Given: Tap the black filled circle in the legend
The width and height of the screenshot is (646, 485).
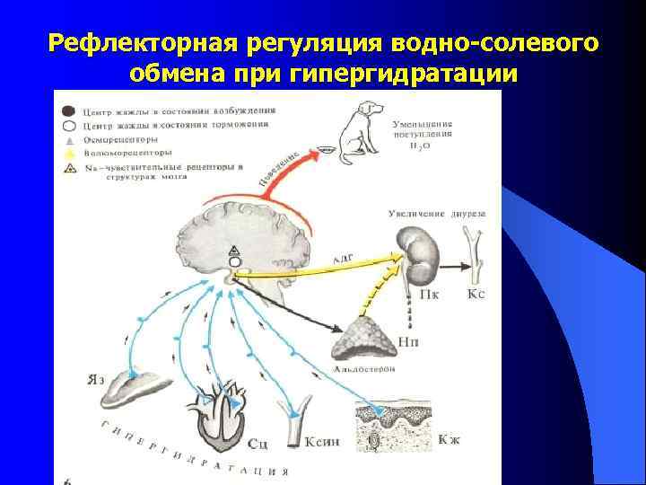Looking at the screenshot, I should tap(69, 111).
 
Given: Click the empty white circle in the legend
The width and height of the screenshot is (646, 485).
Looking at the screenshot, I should tap(69, 126).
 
